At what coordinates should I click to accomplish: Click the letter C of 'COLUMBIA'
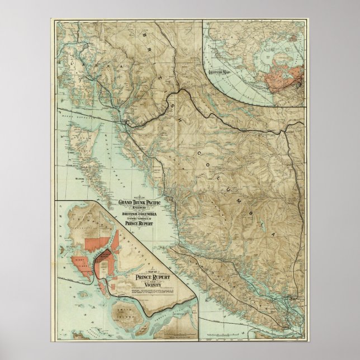point(199,152)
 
